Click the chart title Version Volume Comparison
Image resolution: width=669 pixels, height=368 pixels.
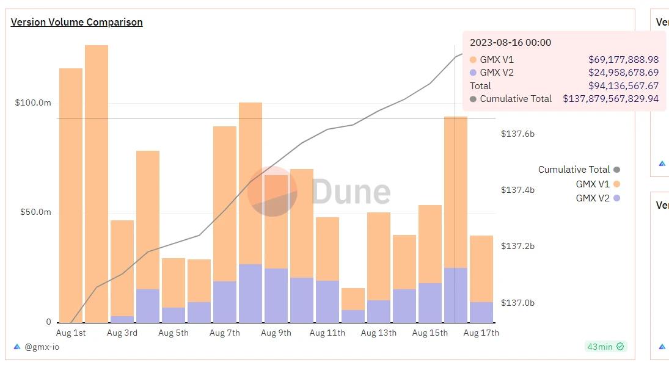[x=76, y=22]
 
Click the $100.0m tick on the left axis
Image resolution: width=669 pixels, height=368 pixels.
[x=33, y=103]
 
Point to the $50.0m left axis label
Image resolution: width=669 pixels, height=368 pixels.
[x=35, y=212]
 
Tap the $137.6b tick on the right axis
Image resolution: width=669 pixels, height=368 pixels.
[x=517, y=134]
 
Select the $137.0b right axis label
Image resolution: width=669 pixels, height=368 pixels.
[x=517, y=303]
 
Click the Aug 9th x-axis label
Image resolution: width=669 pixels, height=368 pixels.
[x=276, y=333]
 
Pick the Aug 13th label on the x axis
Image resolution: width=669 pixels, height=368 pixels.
[x=378, y=333]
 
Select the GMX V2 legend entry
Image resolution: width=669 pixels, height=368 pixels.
[x=593, y=198]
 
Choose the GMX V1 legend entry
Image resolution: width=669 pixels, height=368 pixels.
[x=593, y=184]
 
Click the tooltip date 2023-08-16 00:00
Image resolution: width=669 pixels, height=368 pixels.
[x=510, y=43]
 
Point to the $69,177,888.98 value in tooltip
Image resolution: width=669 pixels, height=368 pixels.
[x=623, y=60]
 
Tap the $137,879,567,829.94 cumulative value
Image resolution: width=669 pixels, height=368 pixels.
[x=610, y=99]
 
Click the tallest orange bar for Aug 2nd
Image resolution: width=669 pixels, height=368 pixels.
[x=97, y=183]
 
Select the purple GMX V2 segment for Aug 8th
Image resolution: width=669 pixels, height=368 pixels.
[x=250, y=293]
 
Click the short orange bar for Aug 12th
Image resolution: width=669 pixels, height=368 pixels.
[x=353, y=298]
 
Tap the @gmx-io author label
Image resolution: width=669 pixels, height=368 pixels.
[x=42, y=347]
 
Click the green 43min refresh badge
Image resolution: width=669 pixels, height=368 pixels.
[x=605, y=347]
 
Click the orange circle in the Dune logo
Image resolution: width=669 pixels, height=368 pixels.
[x=271, y=191]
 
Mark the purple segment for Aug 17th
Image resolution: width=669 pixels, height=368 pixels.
[x=481, y=312]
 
